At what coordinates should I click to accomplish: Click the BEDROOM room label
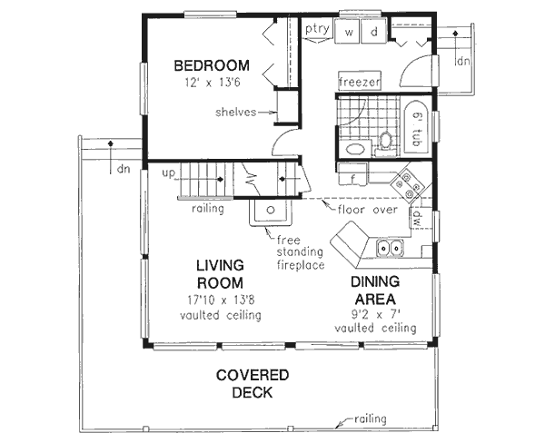click(x=211, y=65)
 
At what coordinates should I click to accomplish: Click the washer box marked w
click(x=349, y=33)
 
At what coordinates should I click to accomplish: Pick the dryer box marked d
click(x=372, y=33)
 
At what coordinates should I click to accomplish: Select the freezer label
click(x=359, y=82)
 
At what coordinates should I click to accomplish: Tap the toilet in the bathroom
click(x=386, y=141)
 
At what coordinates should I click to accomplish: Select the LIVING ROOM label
click(x=219, y=273)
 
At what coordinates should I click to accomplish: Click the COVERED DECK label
click(x=253, y=383)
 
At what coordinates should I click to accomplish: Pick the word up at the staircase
click(x=169, y=172)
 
